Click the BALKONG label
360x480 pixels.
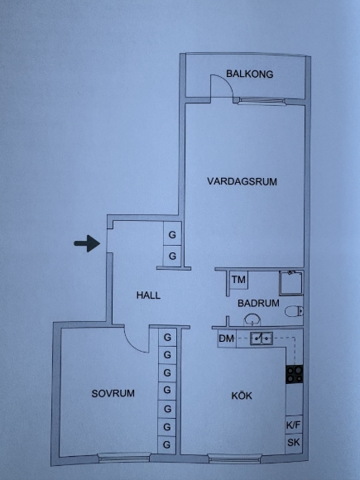249,74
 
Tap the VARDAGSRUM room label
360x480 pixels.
242,181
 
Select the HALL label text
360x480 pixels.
148,295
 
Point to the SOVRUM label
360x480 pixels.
113,393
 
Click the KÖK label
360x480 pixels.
242,396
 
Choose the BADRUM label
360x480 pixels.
258,303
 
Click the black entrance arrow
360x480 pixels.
87,243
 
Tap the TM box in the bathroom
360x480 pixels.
238,280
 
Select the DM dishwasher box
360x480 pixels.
227,338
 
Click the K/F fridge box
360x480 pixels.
294,425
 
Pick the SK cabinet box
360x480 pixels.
294,443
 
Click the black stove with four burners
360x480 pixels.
295,374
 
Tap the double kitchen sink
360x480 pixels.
262,338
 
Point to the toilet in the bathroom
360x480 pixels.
294,312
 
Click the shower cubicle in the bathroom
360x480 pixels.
291,283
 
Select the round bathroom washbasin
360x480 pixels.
252,319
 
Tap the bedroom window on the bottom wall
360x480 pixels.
123,458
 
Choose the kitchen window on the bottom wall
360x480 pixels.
234,458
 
